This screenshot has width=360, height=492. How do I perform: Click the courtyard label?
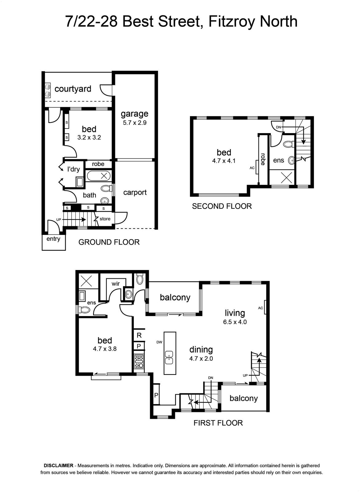pyautogui.click(x=73, y=89)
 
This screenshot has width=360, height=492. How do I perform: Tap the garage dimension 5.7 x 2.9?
pyautogui.click(x=135, y=123)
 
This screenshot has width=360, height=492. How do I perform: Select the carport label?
pyautogui.click(x=135, y=192)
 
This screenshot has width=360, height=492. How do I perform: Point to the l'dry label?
pyautogui.click(x=73, y=169)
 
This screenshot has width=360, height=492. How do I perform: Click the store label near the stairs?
pyautogui.click(x=105, y=219)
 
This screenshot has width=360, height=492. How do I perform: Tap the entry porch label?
pyautogui.click(x=53, y=239)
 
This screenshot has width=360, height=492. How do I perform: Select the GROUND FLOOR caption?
pyautogui.click(x=109, y=242)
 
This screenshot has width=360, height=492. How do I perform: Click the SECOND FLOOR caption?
pyautogui.click(x=222, y=206)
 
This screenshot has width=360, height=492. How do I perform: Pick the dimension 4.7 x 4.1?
pyautogui.click(x=224, y=161)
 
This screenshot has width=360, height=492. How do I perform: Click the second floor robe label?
pyautogui.click(x=263, y=159)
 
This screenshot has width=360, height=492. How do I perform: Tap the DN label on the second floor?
pyautogui.click(x=278, y=127)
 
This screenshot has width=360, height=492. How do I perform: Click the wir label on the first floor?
pyautogui.click(x=116, y=284)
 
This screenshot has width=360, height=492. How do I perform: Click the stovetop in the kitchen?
pyautogui.click(x=139, y=361)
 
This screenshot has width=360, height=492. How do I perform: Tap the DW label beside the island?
pyautogui.click(x=160, y=342)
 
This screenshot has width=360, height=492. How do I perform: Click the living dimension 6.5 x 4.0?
pyautogui.click(x=235, y=322)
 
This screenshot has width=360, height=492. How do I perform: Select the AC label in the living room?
pyautogui.click(x=260, y=308)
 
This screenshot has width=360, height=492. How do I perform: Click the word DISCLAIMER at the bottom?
pyautogui.click(x=58, y=466)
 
